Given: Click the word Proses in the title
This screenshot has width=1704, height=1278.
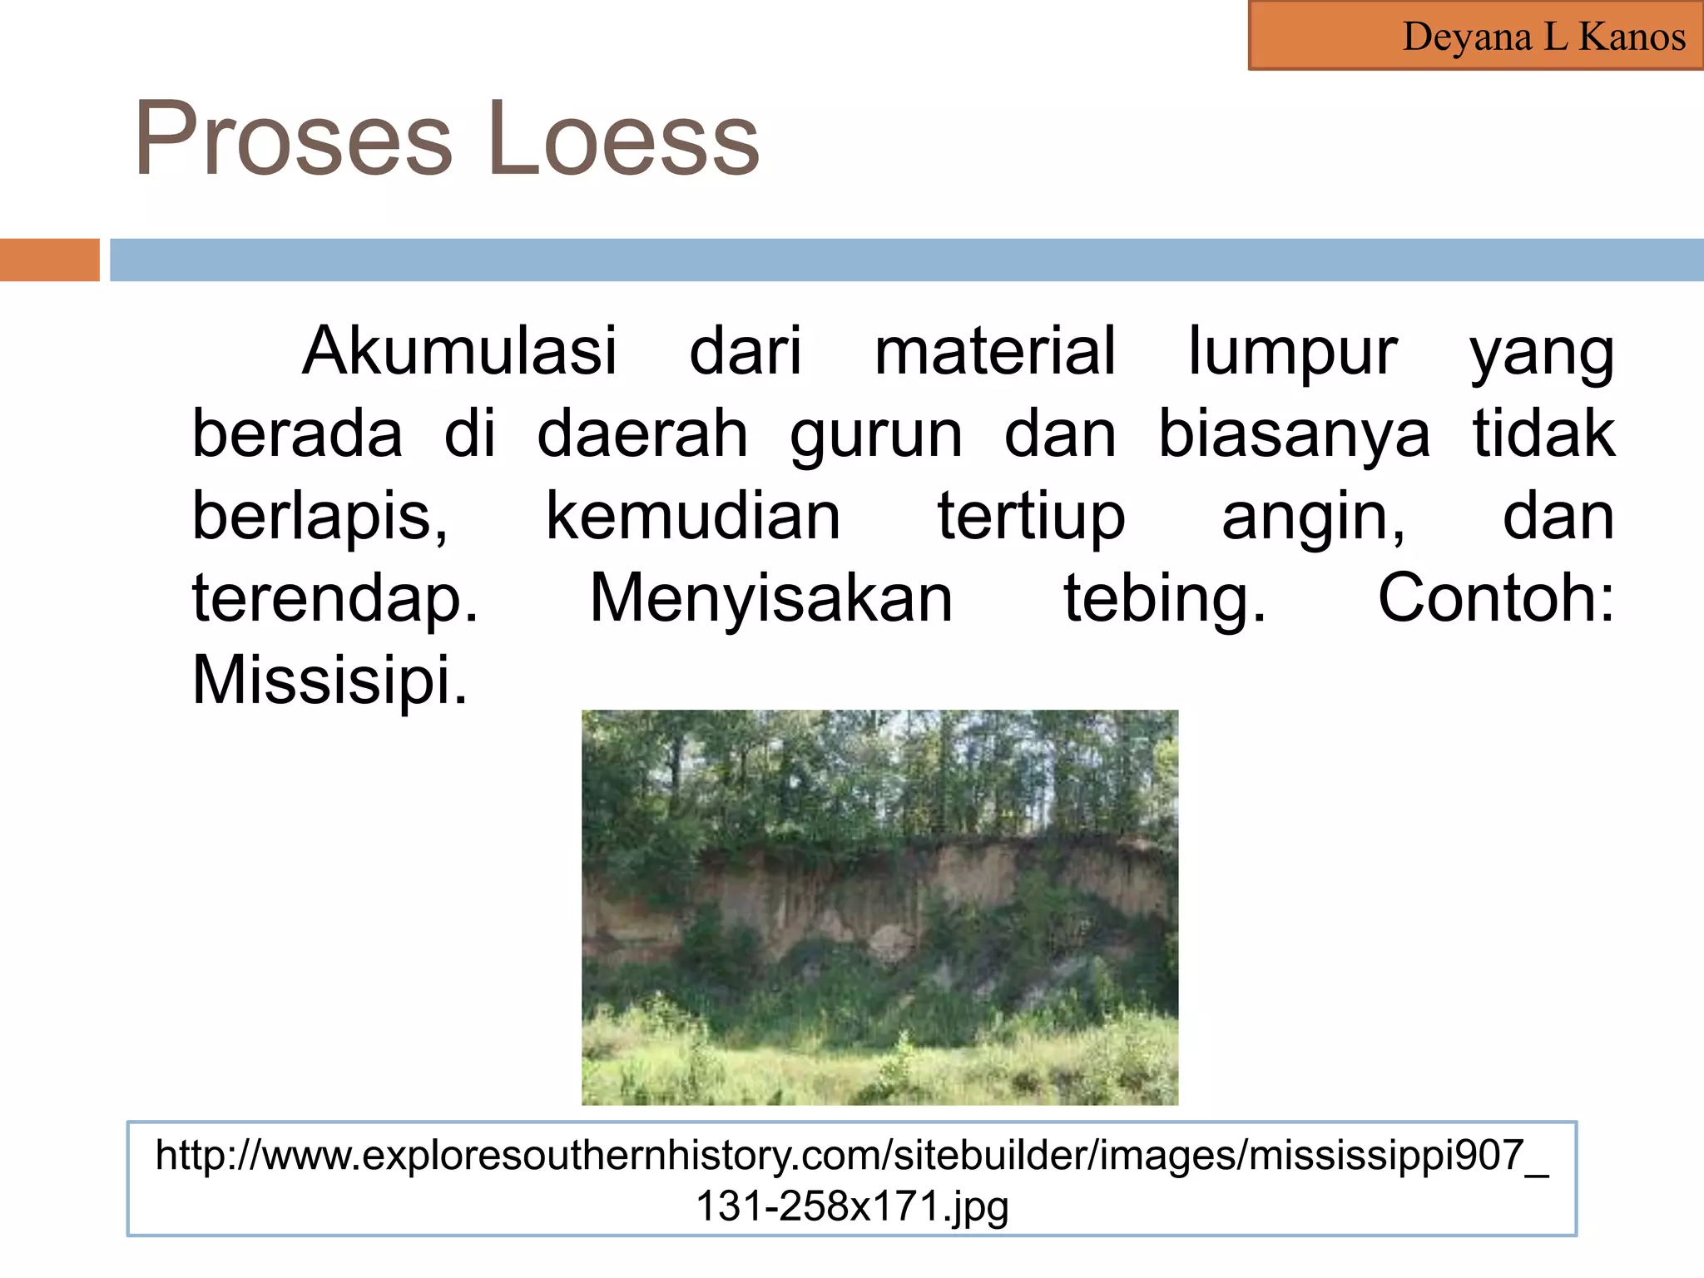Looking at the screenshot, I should [293, 138].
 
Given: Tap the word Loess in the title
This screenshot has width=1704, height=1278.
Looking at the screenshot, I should [624, 138].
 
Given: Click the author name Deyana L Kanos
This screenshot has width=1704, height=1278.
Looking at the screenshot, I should [1543, 37].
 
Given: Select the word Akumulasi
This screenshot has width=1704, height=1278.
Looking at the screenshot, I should [460, 350].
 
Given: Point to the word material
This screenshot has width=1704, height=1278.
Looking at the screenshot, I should [994, 350].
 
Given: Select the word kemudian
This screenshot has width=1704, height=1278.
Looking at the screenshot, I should [693, 515].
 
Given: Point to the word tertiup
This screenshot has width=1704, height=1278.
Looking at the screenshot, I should [1032, 517].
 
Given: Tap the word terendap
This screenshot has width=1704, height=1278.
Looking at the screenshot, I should [335, 598].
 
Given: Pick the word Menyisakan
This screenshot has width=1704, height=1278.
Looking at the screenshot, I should [771, 598].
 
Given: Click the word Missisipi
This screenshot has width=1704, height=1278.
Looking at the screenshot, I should [329, 680].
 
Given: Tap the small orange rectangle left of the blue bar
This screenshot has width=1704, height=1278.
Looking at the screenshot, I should [49, 260].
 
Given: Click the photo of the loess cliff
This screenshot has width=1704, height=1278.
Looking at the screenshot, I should [879, 907].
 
